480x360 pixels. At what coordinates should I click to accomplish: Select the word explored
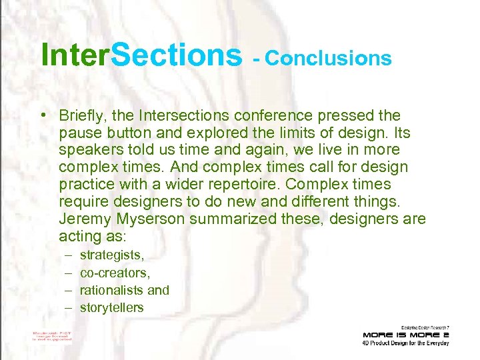217,133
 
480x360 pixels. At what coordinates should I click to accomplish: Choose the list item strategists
112,255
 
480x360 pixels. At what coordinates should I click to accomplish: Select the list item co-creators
115,273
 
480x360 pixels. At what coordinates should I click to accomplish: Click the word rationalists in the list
111,290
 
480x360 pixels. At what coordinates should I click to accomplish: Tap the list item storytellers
111,307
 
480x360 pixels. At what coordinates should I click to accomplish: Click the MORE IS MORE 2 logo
406,334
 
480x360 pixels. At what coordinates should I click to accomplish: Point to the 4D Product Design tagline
406,343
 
